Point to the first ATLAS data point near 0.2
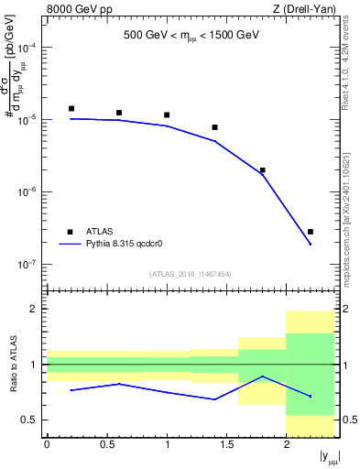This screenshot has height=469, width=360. click(71, 108)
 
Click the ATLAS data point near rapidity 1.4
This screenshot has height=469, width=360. click(214, 127)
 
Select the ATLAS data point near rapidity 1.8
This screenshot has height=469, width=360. click(262, 170)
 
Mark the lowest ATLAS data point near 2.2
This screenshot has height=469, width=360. click(311, 232)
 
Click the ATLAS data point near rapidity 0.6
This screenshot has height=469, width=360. click(119, 113)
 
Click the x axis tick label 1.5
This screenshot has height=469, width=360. click(226, 443)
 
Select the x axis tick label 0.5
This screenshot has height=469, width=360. click(106, 443)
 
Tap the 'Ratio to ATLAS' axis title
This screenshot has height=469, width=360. click(11, 365)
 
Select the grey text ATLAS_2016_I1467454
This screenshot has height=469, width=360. click(190, 274)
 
